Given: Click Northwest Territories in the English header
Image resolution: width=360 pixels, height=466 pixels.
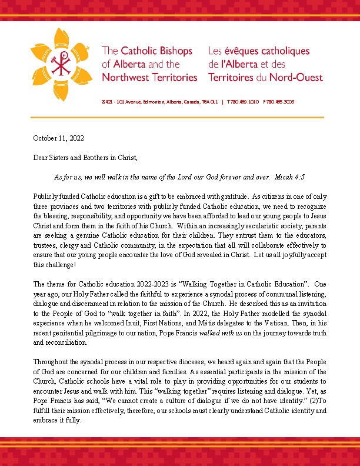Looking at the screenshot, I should click(149, 77).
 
